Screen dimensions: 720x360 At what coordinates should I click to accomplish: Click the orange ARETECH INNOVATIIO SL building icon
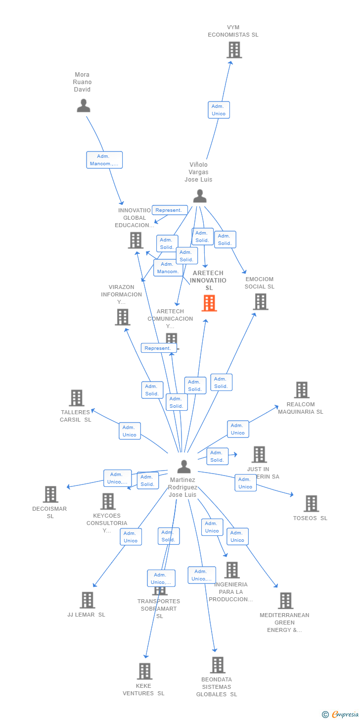click(209, 303)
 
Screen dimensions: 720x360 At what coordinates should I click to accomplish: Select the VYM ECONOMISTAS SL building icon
click(234, 50)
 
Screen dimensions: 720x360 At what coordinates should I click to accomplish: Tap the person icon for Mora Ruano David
click(83, 105)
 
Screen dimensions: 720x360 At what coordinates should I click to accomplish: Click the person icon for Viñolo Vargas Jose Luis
click(199, 196)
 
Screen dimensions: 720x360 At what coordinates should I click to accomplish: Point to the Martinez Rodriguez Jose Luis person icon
click(184, 466)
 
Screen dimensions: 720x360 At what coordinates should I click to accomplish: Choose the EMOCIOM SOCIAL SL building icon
click(260, 301)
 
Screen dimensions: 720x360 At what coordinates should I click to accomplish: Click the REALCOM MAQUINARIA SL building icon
click(301, 390)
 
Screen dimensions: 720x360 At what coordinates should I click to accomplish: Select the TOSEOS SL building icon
click(311, 503)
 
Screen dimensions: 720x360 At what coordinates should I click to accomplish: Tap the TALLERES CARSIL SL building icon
click(76, 398)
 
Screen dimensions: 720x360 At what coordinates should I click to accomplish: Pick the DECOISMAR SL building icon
click(50, 494)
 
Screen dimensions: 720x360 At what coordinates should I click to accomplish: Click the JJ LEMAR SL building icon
click(87, 600)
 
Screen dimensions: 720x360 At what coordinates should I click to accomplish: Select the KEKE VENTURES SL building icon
click(144, 671)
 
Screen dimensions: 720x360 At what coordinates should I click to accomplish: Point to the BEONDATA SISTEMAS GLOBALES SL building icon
click(218, 665)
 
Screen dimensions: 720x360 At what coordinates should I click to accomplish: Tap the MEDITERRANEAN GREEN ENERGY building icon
click(285, 601)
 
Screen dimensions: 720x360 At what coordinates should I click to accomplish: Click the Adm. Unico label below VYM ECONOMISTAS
click(219, 110)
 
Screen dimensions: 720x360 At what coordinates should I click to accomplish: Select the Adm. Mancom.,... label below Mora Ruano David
click(104, 160)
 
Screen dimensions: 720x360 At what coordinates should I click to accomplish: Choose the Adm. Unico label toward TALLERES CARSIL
click(130, 431)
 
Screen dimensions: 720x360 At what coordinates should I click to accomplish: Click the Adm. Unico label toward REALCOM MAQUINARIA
click(238, 429)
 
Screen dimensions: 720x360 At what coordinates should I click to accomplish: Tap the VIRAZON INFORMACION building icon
click(122, 317)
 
